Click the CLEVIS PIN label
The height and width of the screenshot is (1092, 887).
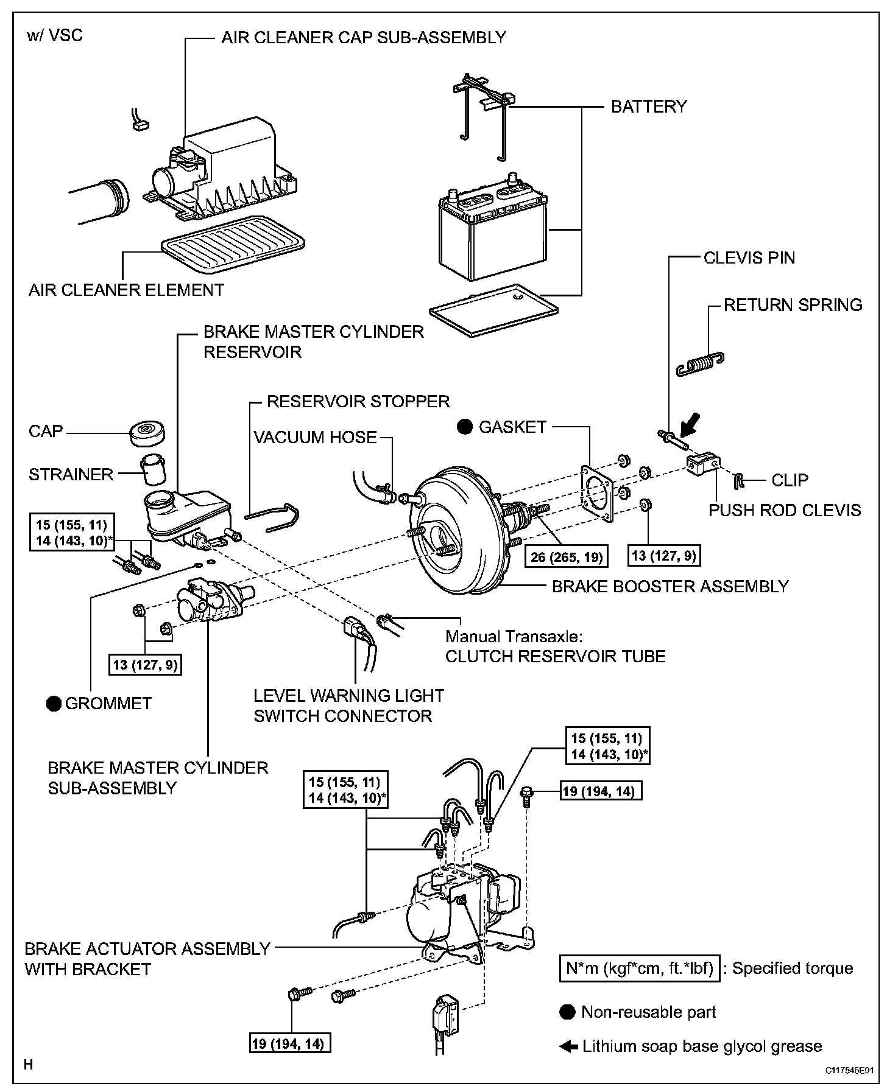pyautogui.click(x=749, y=257)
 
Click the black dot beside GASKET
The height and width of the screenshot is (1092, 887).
pyautogui.click(x=465, y=427)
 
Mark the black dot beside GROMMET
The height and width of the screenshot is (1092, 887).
pyautogui.click(x=54, y=704)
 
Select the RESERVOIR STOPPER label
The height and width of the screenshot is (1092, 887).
pyautogui.click(x=358, y=402)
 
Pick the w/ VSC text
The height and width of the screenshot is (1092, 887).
pyautogui.click(x=55, y=35)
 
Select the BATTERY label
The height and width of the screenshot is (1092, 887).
pyautogui.click(x=649, y=107)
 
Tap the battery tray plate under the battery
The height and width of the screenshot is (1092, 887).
pyautogui.click(x=493, y=310)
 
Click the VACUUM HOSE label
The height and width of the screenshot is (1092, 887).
pyautogui.click(x=315, y=437)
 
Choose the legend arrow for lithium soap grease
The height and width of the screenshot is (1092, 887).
pyautogui.click(x=568, y=1046)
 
